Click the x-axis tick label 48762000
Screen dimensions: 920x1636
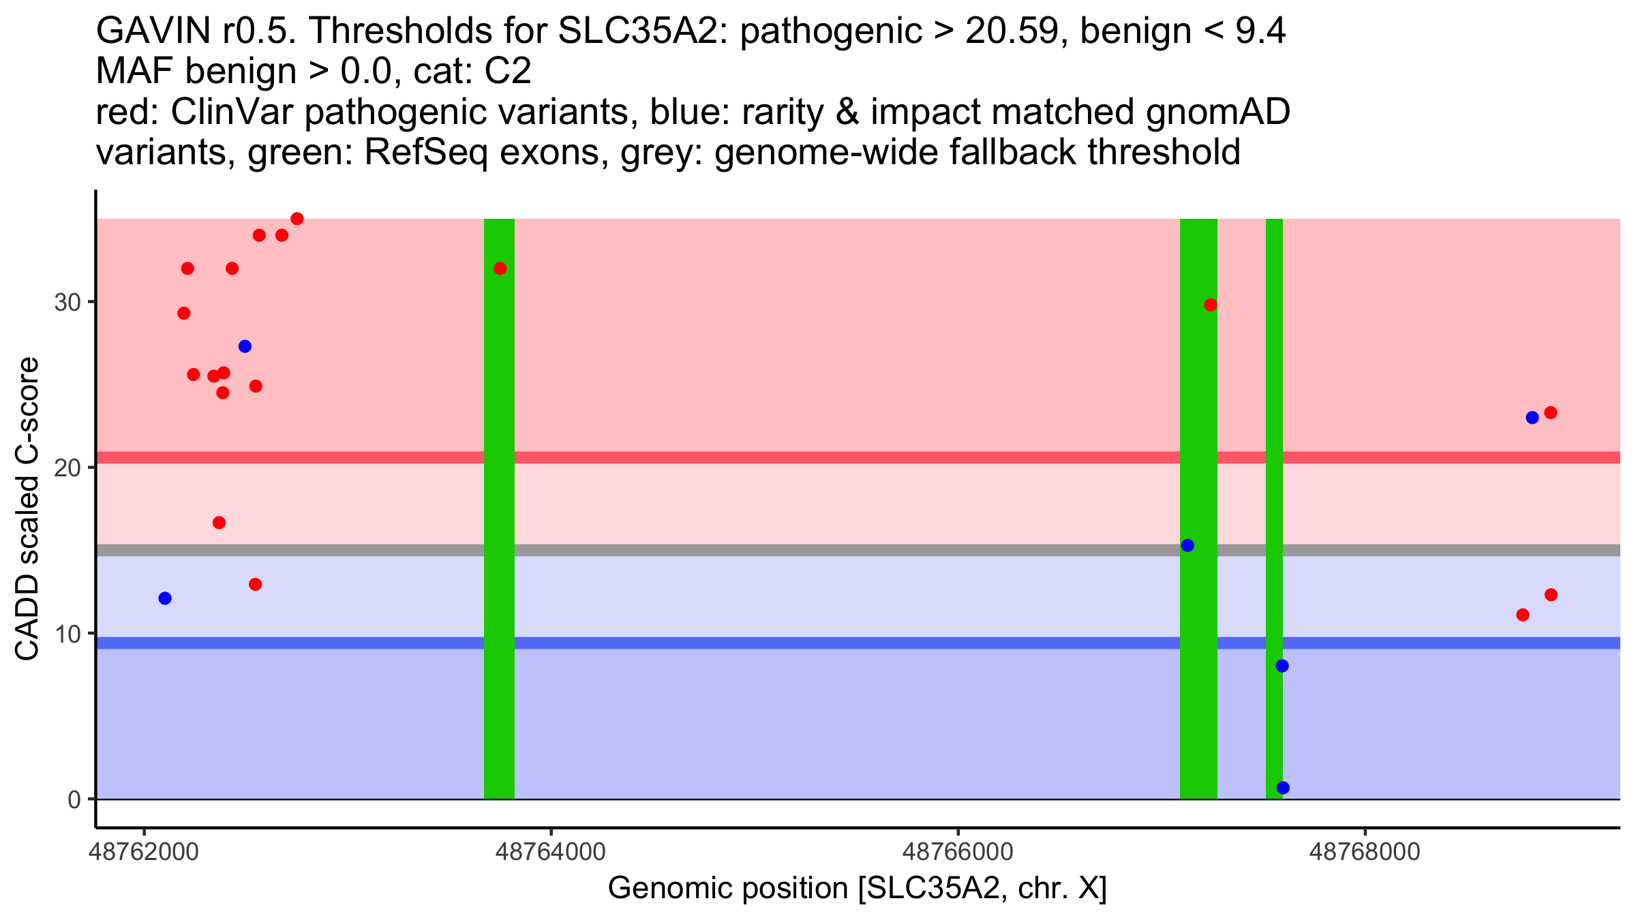click(x=143, y=853)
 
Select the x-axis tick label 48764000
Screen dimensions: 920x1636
click(x=551, y=853)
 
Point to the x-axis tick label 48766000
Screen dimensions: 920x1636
click(x=958, y=853)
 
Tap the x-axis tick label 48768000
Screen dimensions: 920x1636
click(x=1365, y=853)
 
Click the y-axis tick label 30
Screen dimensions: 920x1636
click(x=67, y=302)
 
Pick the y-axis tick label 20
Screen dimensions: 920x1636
click(x=67, y=467)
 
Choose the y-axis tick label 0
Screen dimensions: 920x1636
click(x=74, y=799)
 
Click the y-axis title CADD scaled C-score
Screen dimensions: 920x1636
click(x=27, y=509)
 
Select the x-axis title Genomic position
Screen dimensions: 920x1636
click(x=857, y=889)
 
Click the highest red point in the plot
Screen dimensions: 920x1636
click(x=297, y=219)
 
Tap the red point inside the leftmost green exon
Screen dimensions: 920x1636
click(x=500, y=269)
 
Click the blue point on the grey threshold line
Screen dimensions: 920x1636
click(x=1187, y=545)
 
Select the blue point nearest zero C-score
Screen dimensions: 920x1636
click(x=1283, y=788)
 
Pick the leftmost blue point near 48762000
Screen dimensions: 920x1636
click(x=165, y=598)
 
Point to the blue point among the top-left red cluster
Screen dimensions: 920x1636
click(x=245, y=346)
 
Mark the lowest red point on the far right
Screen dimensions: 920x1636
click(x=1523, y=615)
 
